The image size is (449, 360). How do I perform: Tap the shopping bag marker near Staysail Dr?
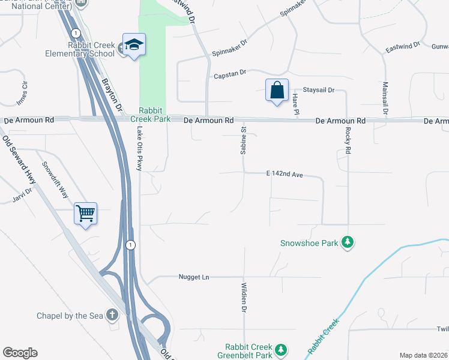[x=277, y=91]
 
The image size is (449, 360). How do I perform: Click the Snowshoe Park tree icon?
[x=347, y=242]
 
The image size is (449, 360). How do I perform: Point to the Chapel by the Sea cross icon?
[x=112, y=314]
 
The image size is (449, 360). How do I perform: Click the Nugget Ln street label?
[x=193, y=277]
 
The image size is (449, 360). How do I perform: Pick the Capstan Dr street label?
[x=231, y=75]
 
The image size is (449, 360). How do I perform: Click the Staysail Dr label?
[x=318, y=90]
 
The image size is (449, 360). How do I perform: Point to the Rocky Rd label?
[x=348, y=142]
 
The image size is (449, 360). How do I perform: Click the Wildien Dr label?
[x=244, y=298]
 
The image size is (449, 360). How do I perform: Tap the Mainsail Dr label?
[x=385, y=98]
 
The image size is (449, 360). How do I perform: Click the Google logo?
[x=20, y=353]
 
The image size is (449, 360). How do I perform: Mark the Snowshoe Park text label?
[x=309, y=243]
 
